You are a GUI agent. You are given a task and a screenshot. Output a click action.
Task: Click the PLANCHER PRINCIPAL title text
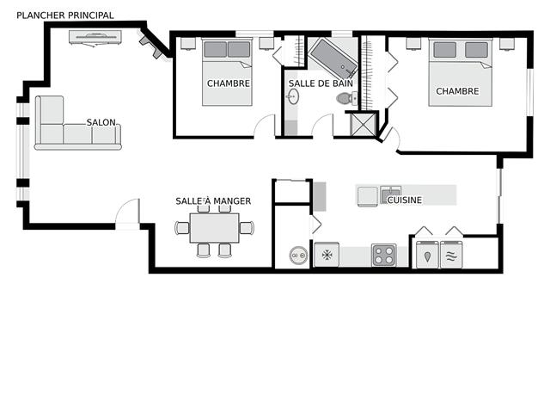[x=65, y=15]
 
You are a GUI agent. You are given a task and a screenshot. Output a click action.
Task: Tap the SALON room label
[x=101, y=122]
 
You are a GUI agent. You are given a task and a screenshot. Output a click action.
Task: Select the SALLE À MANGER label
[x=213, y=201]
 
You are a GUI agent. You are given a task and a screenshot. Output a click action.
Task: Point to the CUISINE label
[x=404, y=200]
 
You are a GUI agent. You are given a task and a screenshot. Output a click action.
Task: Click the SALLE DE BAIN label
[x=321, y=83]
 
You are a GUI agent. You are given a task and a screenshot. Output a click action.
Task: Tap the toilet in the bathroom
[x=345, y=99]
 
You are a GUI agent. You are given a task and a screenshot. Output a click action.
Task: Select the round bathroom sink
[x=293, y=96]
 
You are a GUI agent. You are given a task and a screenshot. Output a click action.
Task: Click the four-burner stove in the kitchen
[x=383, y=256]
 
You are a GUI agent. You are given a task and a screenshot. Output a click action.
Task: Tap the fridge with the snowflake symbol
[x=326, y=256]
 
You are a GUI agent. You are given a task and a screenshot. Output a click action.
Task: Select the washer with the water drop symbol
[x=427, y=255]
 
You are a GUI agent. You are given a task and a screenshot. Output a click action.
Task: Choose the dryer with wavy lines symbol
[x=452, y=255]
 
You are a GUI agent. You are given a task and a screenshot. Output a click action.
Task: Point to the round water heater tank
[x=298, y=255]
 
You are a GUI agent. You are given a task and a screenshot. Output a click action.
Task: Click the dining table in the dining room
[x=215, y=228]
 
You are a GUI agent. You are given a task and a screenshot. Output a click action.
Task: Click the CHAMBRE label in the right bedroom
[x=457, y=91]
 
